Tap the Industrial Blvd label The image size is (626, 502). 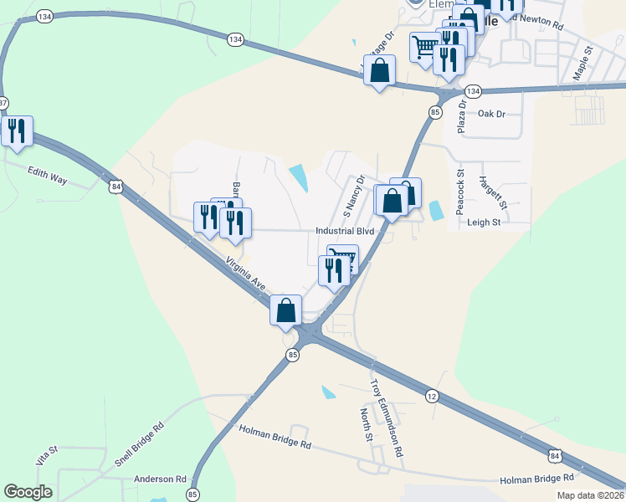click(x=343, y=232)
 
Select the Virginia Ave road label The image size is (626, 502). click(x=246, y=274)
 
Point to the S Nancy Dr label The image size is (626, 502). click(x=353, y=195)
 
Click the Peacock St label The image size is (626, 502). click(x=460, y=192)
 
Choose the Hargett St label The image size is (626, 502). click(x=493, y=192)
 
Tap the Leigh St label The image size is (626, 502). click(x=483, y=223)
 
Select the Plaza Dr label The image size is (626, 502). click(x=461, y=114)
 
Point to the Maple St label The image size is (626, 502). click(x=582, y=64)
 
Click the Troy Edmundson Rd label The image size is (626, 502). click(x=387, y=417)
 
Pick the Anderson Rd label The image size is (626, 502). click(x=159, y=479)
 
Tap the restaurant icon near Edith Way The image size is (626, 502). click(x=17, y=132)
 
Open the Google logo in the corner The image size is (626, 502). click(x=28, y=492)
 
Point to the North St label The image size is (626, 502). click(x=366, y=425)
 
